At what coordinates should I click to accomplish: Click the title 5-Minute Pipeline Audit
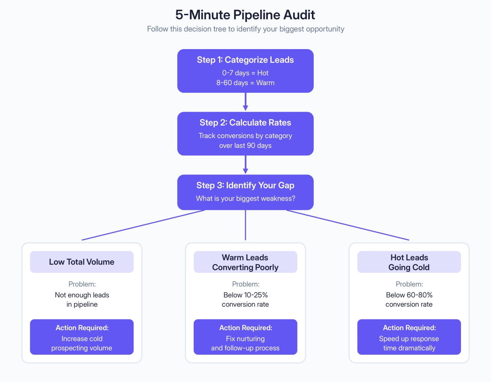pyautogui.click(x=245, y=15)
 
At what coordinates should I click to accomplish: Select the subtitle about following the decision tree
pyautogui.click(x=245, y=29)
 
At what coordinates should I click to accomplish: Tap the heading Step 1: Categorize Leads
pyautogui.click(x=245, y=60)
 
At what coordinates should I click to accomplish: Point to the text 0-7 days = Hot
pyautogui.click(x=245, y=73)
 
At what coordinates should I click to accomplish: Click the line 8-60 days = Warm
pyautogui.click(x=245, y=83)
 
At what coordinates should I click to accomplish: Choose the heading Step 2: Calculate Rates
pyautogui.click(x=245, y=123)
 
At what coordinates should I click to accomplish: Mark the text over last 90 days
pyautogui.click(x=245, y=146)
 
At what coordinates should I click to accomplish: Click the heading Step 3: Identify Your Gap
pyautogui.click(x=245, y=186)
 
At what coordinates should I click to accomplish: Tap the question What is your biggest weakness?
pyautogui.click(x=245, y=199)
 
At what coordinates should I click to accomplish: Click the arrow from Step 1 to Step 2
pyautogui.click(x=245, y=102)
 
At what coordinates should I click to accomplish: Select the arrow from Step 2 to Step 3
pyautogui.click(x=245, y=165)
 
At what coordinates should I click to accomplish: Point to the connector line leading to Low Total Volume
pyautogui.click(x=143, y=225)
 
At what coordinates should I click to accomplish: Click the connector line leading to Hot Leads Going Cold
pyautogui.click(x=348, y=225)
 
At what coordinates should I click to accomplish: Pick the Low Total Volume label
pyautogui.click(x=82, y=262)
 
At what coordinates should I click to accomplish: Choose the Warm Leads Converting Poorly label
pyautogui.click(x=245, y=262)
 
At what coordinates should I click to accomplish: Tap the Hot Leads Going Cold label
pyautogui.click(x=409, y=262)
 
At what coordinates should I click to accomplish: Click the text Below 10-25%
pyautogui.click(x=245, y=295)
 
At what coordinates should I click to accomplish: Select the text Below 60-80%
pyautogui.click(x=409, y=295)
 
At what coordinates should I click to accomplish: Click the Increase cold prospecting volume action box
pyautogui.click(x=82, y=337)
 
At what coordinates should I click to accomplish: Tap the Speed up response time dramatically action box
pyautogui.click(x=409, y=337)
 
